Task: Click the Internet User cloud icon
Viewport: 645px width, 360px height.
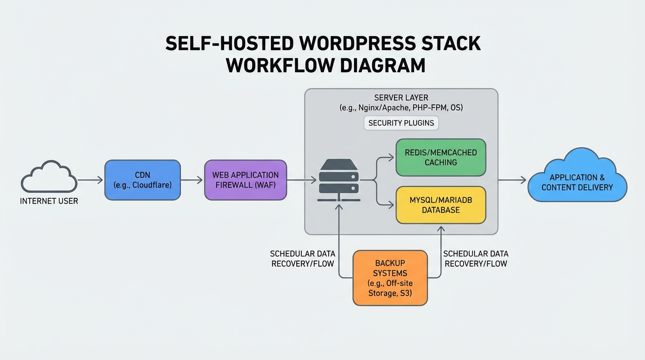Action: [x=49, y=177]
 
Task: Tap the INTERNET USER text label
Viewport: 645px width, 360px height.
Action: [x=49, y=201]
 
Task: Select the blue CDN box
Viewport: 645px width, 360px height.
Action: [x=142, y=180]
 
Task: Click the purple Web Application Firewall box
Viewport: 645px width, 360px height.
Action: [x=245, y=180]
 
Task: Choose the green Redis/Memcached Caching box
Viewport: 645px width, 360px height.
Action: [x=441, y=157]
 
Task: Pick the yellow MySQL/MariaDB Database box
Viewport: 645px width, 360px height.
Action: [x=441, y=205]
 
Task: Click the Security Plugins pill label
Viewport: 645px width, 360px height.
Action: [x=401, y=123]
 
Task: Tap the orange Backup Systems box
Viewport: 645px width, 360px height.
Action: [x=390, y=278]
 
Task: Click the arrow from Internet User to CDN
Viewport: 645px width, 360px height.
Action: [x=90, y=180]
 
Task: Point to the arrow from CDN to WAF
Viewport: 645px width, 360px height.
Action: [x=192, y=180]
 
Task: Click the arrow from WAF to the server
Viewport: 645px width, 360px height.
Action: [x=301, y=180]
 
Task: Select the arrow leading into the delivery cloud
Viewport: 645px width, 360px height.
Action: [x=512, y=180]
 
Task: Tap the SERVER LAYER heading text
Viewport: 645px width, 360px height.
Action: [x=401, y=97]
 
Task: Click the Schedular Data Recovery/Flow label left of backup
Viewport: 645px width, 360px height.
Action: [x=303, y=258]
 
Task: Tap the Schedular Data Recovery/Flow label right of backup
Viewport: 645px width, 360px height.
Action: [x=476, y=258]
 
